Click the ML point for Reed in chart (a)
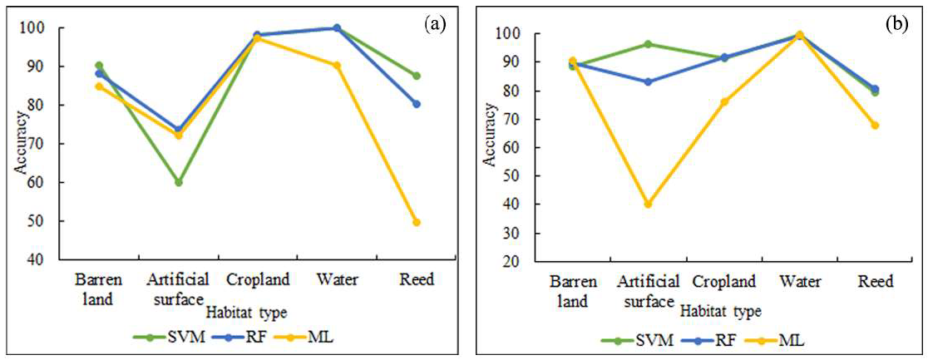416,222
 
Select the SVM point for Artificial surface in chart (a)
178,182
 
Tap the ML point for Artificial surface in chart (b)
648,204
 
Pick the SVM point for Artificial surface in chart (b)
648,44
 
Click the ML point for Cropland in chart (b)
723,101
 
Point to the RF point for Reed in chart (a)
416,104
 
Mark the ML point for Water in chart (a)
337,65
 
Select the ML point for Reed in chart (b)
875,126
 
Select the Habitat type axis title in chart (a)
249,313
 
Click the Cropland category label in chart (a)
258,279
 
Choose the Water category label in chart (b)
799,282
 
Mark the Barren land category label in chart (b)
571,291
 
